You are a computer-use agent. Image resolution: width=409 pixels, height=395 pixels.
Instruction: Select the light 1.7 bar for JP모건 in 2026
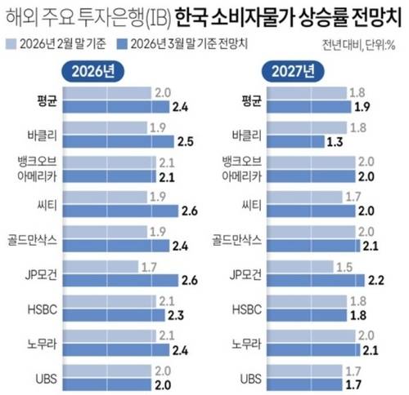tap(98, 266)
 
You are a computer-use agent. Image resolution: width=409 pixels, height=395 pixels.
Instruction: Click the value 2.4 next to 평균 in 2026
tap(181, 107)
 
